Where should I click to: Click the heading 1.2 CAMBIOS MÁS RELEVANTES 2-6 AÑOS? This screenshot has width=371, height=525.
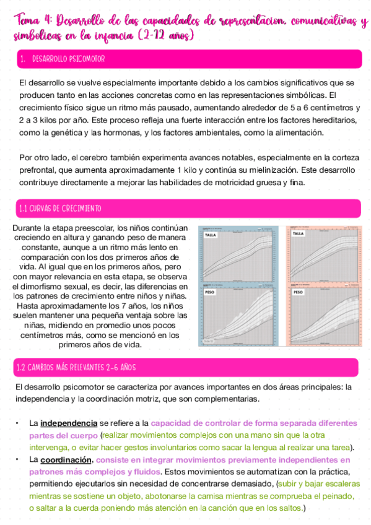77,368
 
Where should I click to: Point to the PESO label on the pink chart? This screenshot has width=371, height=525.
297,290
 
